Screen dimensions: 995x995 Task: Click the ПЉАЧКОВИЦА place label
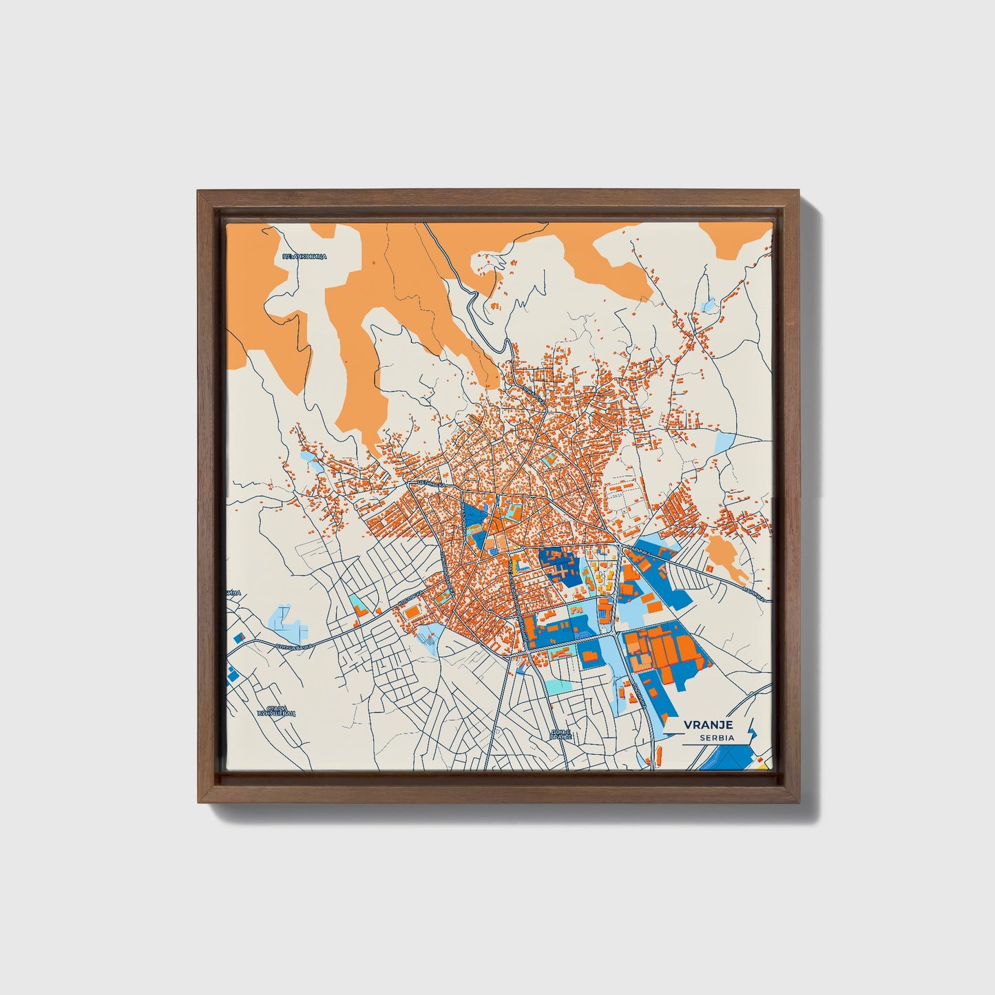click(304, 256)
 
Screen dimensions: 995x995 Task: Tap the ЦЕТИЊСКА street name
click(432, 483)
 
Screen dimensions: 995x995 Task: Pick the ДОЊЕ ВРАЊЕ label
click(561, 734)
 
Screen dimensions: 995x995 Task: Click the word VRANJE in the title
click(708, 724)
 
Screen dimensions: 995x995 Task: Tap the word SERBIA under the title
click(716, 737)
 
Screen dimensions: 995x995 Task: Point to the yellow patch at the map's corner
click(762, 762)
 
